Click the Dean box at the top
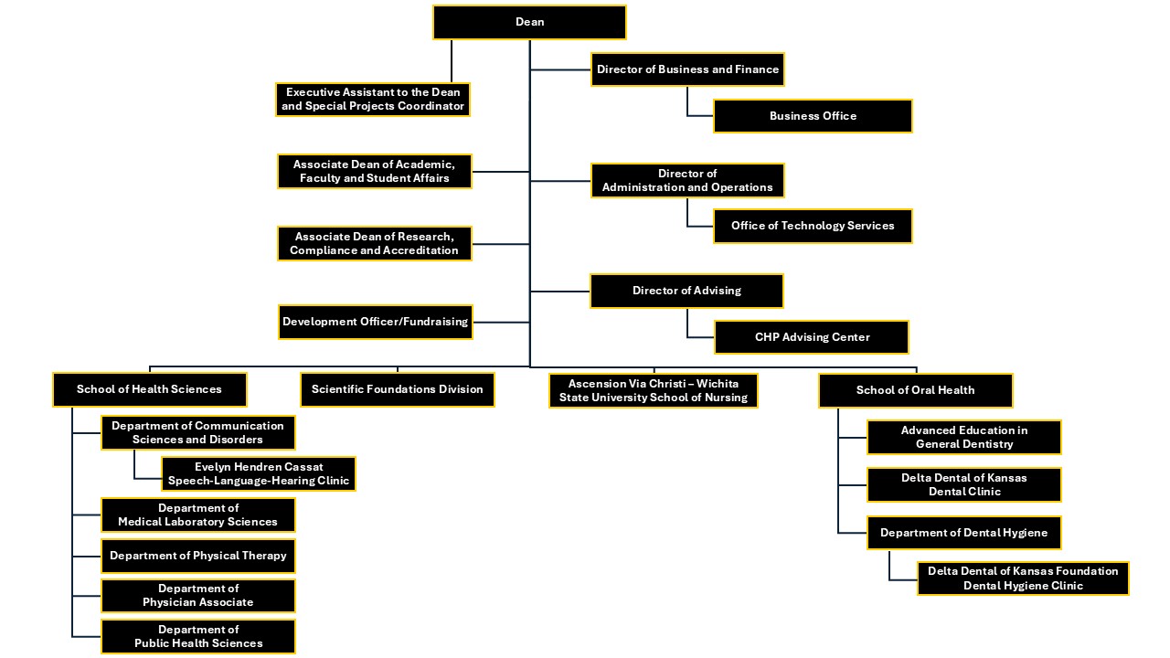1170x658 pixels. click(529, 22)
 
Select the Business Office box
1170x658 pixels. click(813, 116)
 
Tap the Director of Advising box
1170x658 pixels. click(686, 291)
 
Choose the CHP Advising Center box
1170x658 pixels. click(812, 337)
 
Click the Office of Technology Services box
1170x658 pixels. click(813, 226)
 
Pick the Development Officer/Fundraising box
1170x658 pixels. click(375, 322)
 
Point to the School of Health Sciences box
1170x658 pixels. click(149, 389)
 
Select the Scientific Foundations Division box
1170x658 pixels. click(397, 389)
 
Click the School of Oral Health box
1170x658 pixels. click(915, 390)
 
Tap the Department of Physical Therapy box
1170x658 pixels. click(198, 556)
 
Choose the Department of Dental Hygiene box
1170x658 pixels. click(963, 533)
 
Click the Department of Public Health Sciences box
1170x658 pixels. click(198, 636)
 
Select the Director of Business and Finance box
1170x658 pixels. click(687, 69)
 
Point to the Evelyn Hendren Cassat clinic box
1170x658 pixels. click(259, 473)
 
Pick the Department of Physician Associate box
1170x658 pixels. click(198, 596)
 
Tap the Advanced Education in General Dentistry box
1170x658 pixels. click(963, 437)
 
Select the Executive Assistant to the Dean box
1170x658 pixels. click(373, 100)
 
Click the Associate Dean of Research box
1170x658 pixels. click(374, 243)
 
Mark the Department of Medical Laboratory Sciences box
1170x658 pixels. click(198, 515)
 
